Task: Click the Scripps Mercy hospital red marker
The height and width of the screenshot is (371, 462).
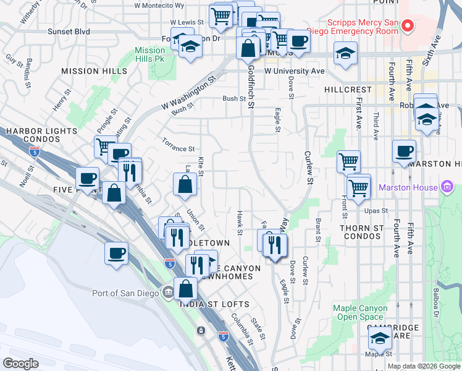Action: [407, 25]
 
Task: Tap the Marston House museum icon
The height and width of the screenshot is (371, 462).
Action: [447, 187]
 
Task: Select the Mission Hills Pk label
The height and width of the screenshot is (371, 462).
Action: [149, 54]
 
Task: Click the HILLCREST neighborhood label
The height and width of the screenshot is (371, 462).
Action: [348, 90]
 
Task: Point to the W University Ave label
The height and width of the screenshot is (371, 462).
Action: [294, 71]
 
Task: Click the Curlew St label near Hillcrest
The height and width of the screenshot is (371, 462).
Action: [308, 168]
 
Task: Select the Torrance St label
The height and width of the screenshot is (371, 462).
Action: [179, 149]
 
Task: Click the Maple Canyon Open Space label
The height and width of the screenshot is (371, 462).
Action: [360, 312]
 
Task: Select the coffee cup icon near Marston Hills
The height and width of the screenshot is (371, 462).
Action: [404, 151]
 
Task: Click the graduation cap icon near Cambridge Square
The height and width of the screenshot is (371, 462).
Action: [380, 338]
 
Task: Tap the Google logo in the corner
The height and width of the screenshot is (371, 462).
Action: [20, 364]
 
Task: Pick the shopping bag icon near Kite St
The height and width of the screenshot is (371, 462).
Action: [185, 184]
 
